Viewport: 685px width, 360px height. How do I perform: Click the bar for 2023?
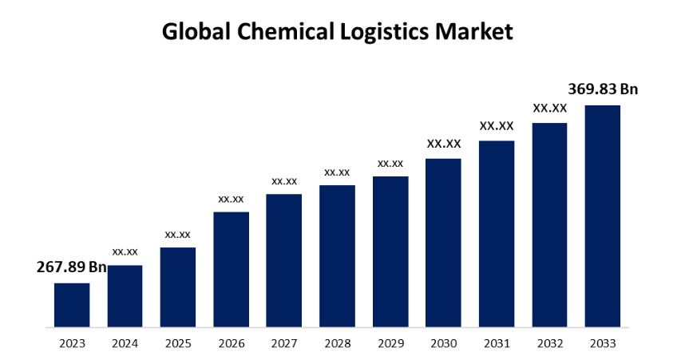(x=72, y=305)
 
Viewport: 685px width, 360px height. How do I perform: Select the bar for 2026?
(x=231, y=269)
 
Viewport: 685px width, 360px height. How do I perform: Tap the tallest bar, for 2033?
(x=602, y=216)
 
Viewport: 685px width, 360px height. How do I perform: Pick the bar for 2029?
(x=390, y=251)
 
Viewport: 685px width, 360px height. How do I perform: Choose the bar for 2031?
(x=497, y=234)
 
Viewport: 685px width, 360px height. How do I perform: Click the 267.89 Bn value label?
(x=72, y=267)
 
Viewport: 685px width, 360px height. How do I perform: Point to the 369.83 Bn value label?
(x=603, y=89)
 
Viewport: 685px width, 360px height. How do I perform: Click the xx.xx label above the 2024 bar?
(x=125, y=251)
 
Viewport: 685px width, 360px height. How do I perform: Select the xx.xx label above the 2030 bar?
(x=444, y=144)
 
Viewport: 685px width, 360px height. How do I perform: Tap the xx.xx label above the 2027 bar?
(x=284, y=180)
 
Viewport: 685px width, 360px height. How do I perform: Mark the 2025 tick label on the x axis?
(x=178, y=343)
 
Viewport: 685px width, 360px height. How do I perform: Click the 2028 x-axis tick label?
(x=337, y=343)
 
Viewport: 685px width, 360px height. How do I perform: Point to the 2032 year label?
(x=549, y=343)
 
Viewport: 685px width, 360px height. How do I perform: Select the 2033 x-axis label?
(x=602, y=343)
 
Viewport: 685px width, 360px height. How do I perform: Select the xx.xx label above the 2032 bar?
(x=550, y=108)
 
